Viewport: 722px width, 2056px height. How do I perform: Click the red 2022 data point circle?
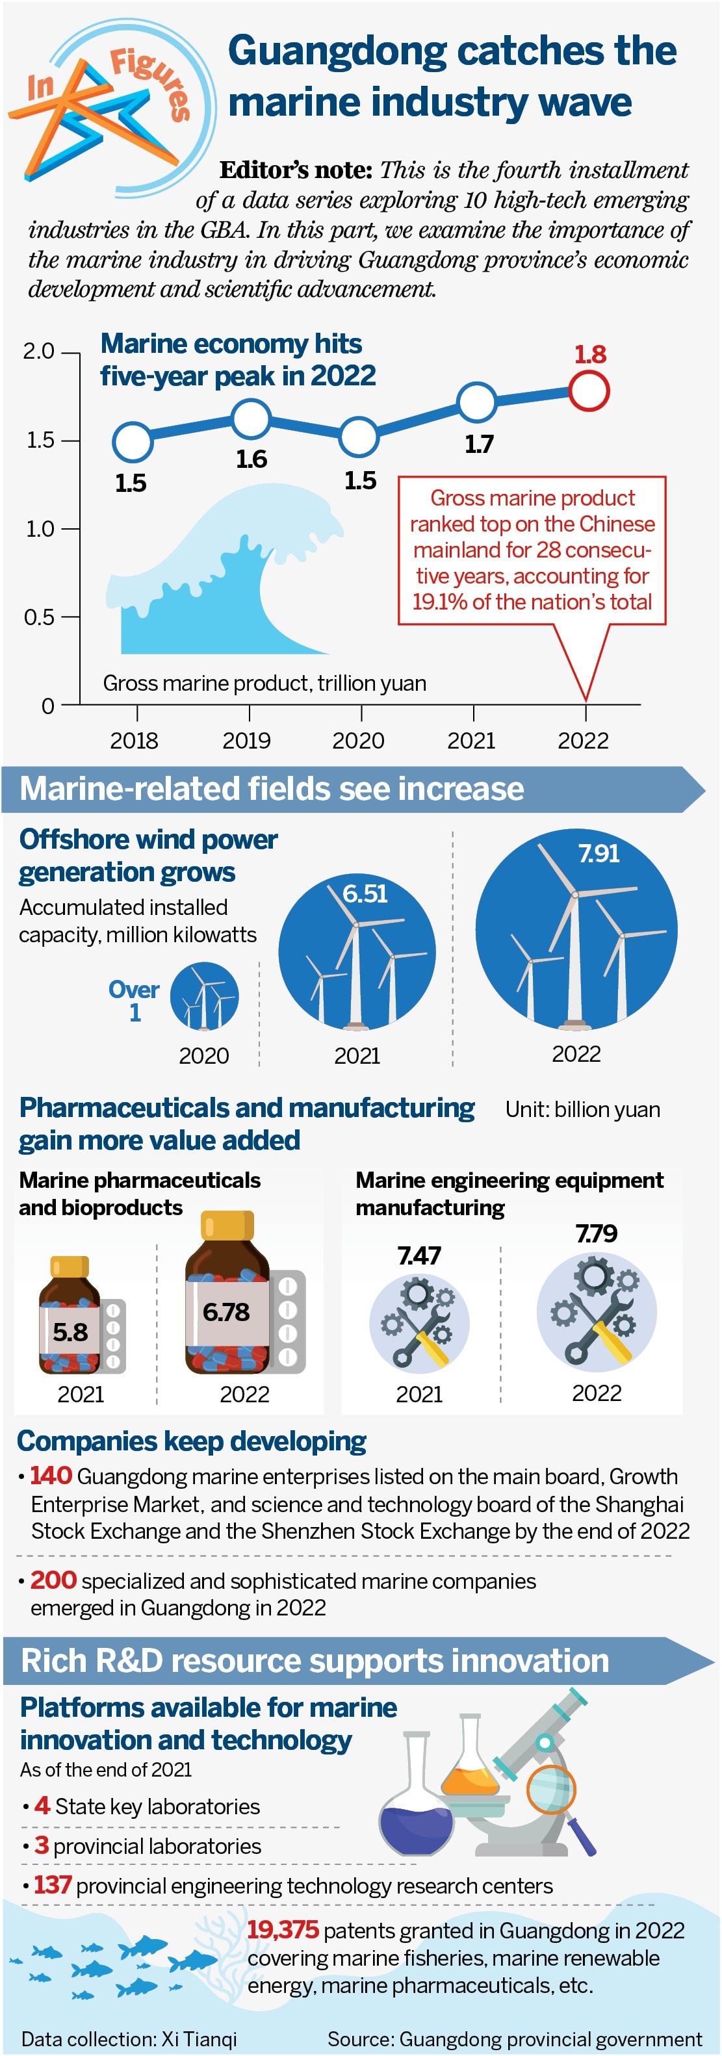(x=589, y=391)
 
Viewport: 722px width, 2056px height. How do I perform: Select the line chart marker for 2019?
(x=250, y=417)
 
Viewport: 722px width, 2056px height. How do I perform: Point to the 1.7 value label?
(x=479, y=444)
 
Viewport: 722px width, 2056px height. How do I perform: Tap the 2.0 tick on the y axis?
(x=38, y=351)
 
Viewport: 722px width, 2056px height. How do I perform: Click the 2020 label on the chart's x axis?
(x=358, y=741)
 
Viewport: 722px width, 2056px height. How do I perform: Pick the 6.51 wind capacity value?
(x=365, y=893)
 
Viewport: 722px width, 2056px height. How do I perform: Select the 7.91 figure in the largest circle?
(x=599, y=853)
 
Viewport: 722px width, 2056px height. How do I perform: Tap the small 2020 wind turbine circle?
(x=204, y=996)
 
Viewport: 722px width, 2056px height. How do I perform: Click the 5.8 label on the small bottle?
(x=70, y=1331)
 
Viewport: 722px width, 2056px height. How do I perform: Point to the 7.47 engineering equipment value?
(x=419, y=1255)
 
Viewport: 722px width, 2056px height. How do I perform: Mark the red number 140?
(x=51, y=1476)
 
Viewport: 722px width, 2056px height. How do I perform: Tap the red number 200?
(x=53, y=1580)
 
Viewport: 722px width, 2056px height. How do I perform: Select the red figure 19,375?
(x=283, y=1930)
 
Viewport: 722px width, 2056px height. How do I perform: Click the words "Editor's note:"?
(x=296, y=170)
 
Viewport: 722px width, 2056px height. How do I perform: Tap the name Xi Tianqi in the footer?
(x=199, y=2039)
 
